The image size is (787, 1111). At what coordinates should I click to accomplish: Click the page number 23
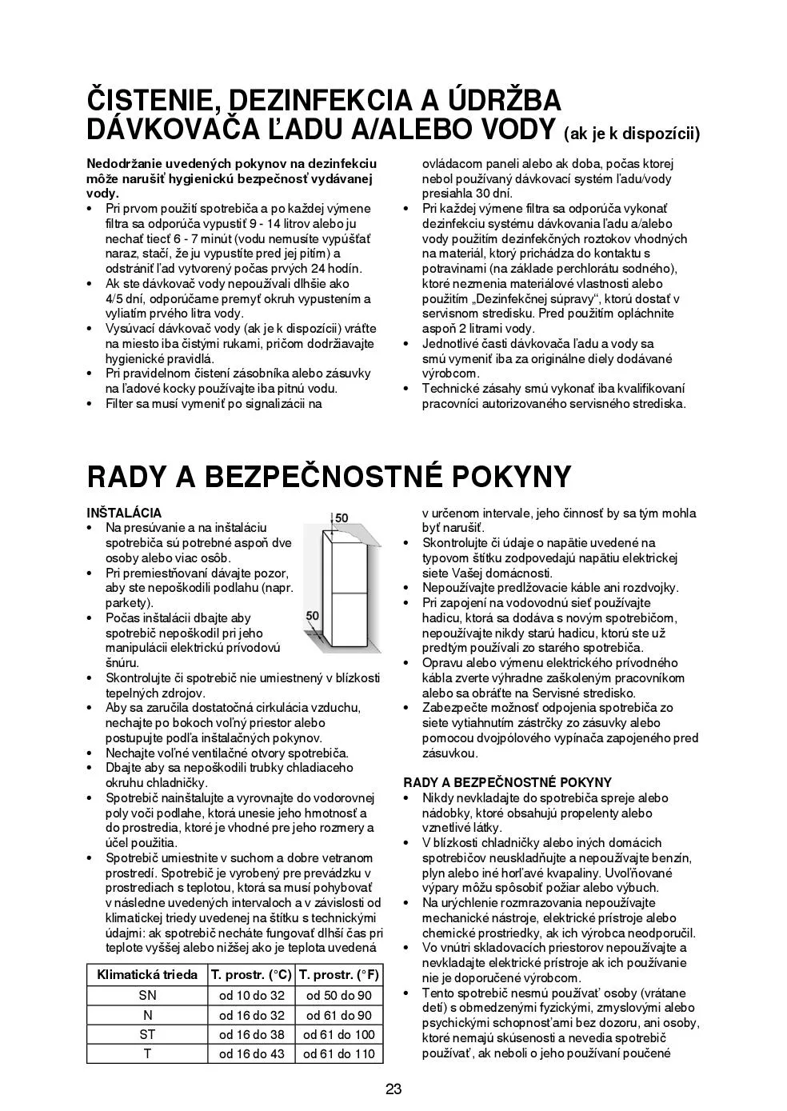point(393,1089)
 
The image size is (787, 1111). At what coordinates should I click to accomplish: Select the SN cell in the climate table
point(147,995)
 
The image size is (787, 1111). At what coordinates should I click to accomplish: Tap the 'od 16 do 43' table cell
point(252,1053)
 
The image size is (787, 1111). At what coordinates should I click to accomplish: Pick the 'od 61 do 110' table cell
point(339,1053)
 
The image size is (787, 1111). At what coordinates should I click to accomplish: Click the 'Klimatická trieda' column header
point(147,974)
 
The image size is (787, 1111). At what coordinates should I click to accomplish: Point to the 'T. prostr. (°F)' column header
point(339,974)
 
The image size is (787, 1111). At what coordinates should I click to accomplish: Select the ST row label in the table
point(147,1034)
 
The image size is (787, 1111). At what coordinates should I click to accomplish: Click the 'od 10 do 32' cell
point(252,995)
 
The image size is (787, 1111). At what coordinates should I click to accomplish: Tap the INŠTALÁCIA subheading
point(124,513)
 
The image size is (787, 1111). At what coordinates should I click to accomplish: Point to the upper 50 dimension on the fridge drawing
point(342,518)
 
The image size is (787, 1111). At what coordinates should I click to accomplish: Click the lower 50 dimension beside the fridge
point(313,616)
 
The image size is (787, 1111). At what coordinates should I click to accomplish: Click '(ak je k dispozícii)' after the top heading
point(632,134)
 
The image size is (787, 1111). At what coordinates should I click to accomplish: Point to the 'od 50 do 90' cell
point(339,995)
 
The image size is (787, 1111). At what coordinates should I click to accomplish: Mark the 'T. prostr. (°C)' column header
point(252,974)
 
